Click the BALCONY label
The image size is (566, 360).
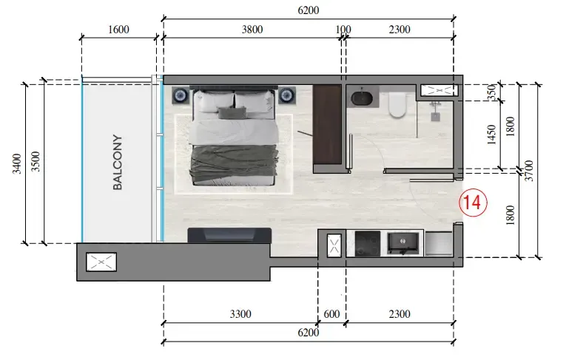click(118, 163)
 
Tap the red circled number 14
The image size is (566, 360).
click(473, 202)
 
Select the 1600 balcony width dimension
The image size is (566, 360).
click(118, 30)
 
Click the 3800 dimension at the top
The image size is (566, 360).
click(252, 30)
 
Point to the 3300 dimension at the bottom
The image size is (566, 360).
click(240, 314)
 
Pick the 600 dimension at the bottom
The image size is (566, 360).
click(331, 314)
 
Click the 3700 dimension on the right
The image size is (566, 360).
click(529, 171)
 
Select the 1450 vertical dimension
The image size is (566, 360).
click(491, 135)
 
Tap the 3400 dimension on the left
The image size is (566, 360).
click(16, 163)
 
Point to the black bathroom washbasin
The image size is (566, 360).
click(362, 98)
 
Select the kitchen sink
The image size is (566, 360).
click(404, 242)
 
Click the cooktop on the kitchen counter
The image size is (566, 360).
click(368, 243)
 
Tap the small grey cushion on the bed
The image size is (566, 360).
click(232, 112)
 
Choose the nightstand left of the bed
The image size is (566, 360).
click(180, 95)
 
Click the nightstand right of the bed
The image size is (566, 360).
click(287, 95)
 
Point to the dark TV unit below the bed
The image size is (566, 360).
click(229, 235)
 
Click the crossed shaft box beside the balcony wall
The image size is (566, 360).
click(101, 262)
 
